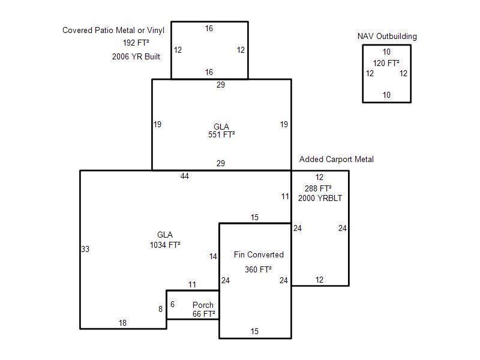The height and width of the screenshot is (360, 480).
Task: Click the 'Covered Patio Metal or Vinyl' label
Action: click(113, 31)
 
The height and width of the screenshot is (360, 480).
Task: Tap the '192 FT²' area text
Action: click(136, 43)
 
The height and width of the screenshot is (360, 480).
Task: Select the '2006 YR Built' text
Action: click(136, 56)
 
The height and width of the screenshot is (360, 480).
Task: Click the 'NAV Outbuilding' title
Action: click(387, 37)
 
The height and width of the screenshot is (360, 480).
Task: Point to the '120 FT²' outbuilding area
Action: click(386, 63)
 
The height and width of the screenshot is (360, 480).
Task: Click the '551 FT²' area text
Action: click(221, 134)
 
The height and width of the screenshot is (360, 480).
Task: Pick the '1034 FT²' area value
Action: click(164, 245)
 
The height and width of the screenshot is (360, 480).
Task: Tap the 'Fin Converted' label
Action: click(259, 254)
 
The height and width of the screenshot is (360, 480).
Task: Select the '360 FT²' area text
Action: click(258, 269)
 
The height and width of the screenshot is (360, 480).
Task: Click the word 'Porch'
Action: click(203, 305)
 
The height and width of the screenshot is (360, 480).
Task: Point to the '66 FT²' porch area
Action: click(203, 314)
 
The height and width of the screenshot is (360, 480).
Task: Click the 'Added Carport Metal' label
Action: click(337, 159)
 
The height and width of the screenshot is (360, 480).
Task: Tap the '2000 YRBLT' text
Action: click(320, 198)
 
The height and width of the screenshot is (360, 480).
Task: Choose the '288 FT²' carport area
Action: click(318, 188)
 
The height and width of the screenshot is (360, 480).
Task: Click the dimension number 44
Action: click(185, 176)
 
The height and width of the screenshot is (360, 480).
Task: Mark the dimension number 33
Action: click(85, 249)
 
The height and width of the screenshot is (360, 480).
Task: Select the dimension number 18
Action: click(122, 323)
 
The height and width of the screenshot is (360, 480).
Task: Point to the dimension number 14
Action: click(213, 257)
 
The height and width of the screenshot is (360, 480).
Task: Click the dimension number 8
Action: click(160, 309)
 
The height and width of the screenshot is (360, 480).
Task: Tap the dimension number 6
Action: click(172, 304)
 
